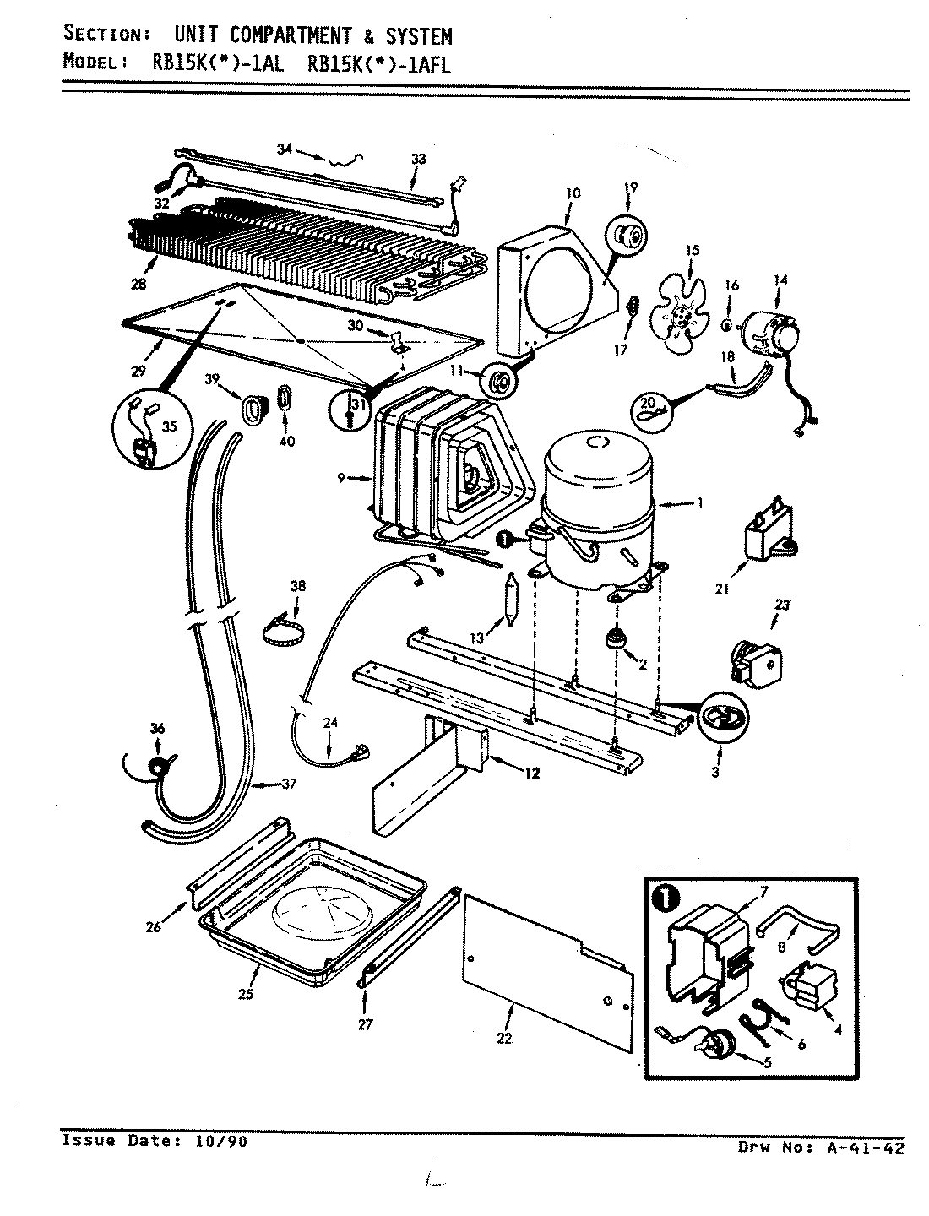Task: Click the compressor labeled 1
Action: coord(598,515)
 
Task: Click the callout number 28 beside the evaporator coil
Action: coord(138,284)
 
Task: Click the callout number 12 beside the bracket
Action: coord(532,773)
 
